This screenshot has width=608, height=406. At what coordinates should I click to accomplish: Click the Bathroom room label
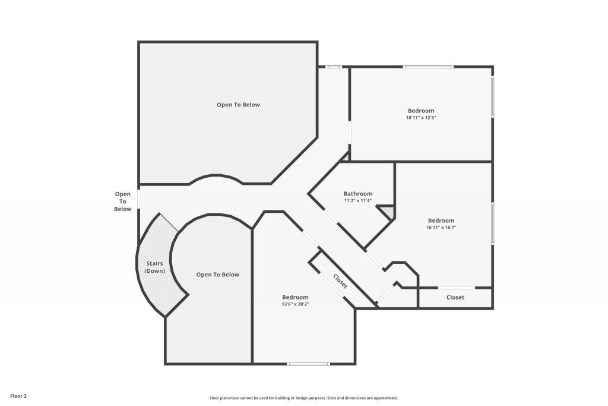pyautogui.click(x=358, y=194)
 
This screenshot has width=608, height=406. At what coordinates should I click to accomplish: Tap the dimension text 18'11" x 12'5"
pyautogui.click(x=421, y=118)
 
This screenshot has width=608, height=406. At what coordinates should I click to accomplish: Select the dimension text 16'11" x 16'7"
pyautogui.click(x=441, y=227)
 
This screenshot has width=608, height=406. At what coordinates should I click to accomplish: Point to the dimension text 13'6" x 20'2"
pyautogui.click(x=295, y=304)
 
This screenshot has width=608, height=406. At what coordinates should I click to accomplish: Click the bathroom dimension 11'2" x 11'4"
pyautogui.click(x=358, y=200)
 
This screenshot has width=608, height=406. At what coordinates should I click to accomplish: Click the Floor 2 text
pyautogui.click(x=18, y=395)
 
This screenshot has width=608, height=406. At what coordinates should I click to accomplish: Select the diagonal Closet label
pyautogui.click(x=340, y=281)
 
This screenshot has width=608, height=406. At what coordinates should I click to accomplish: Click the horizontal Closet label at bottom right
pyautogui.click(x=455, y=297)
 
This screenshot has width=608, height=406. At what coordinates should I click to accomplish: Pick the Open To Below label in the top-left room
pyautogui.click(x=238, y=105)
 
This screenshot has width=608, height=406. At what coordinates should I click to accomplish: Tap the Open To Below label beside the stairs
pyautogui.click(x=218, y=275)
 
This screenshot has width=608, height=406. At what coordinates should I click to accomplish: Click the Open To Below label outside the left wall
pyautogui.click(x=123, y=201)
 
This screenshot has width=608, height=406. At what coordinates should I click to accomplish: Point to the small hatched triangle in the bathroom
pyautogui.click(x=388, y=212)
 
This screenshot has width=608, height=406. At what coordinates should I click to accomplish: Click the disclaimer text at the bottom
pyautogui.click(x=303, y=398)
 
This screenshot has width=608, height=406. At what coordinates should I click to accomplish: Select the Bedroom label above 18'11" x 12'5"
pyautogui.click(x=421, y=111)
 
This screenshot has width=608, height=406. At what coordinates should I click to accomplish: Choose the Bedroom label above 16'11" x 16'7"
pyautogui.click(x=441, y=221)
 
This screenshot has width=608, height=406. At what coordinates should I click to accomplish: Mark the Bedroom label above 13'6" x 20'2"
pyautogui.click(x=295, y=297)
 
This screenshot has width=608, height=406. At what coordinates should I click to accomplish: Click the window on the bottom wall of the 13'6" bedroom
pyautogui.click(x=308, y=364)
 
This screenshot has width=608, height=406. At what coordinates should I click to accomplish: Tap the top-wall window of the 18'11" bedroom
pyautogui.click(x=429, y=67)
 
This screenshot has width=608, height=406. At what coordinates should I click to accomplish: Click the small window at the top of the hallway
pyautogui.click(x=334, y=67)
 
